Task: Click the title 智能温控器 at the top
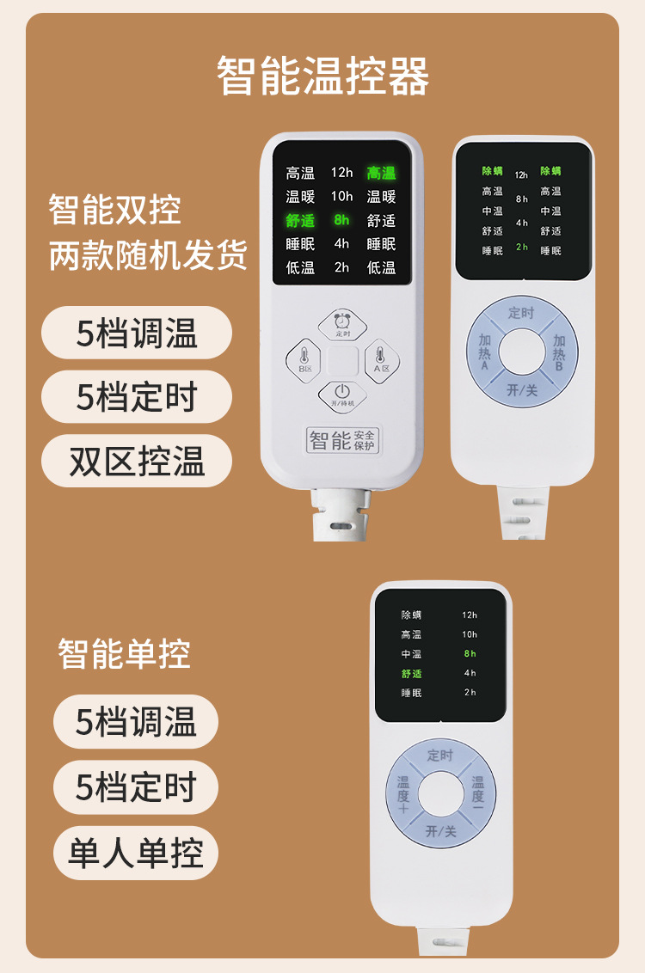[322, 76]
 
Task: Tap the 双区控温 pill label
[137, 462]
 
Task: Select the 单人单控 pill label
[136, 854]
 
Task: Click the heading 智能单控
[124, 654]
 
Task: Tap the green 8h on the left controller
[341, 220]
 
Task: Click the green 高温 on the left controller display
[381, 173]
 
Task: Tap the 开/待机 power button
[342, 395]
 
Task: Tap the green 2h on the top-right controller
[522, 247]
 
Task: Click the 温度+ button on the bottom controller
[404, 794]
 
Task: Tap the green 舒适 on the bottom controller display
[411, 674]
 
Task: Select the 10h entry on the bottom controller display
[470, 634]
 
